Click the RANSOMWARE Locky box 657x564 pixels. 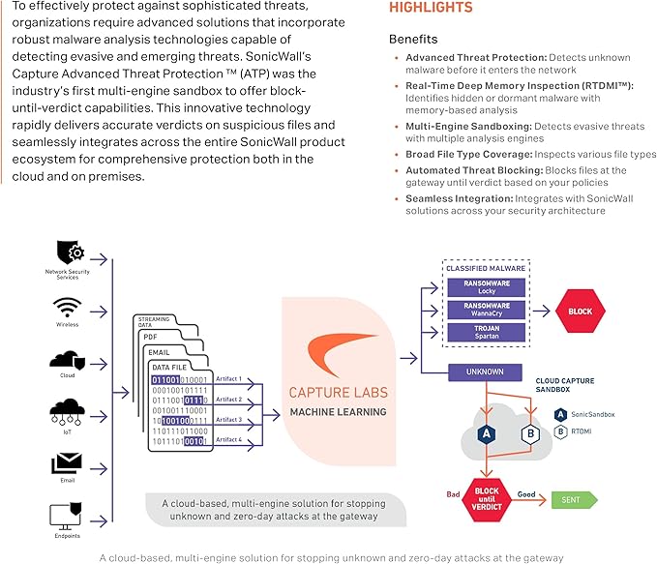tap(487, 286)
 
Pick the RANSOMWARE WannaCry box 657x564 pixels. tap(487, 310)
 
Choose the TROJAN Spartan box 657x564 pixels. tap(487, 333)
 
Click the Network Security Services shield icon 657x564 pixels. tap(66, 252)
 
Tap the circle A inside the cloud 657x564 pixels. tap(488, 434)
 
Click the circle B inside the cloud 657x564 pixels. tap(529, 434)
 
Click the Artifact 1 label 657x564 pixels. tap(228, 379)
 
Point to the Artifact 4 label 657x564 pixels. tap(228, 439)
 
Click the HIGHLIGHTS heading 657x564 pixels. tap(431, 8)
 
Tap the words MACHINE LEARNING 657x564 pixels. tap(338, 412)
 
